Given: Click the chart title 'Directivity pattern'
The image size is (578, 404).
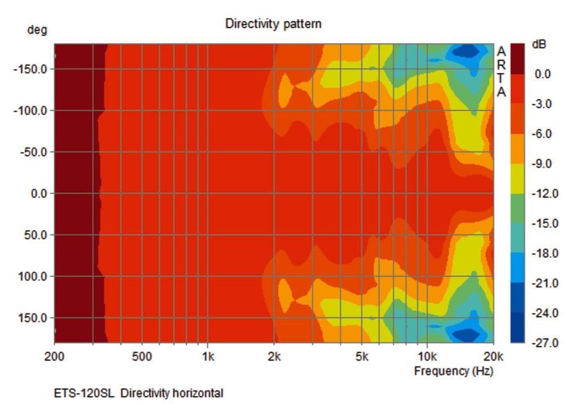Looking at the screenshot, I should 273,24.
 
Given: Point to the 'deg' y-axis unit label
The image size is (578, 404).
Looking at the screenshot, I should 37,31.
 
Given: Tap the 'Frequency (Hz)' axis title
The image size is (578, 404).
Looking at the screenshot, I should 453,371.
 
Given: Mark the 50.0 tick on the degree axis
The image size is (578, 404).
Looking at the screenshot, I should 36,235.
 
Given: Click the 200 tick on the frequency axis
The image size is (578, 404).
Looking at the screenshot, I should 54,357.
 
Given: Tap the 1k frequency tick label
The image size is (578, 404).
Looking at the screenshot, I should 208,357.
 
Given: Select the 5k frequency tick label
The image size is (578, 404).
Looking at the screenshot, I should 362,357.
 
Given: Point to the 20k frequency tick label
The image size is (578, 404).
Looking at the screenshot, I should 493,357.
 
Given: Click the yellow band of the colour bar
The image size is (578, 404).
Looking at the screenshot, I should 517,179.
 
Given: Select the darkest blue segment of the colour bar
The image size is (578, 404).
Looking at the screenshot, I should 517,328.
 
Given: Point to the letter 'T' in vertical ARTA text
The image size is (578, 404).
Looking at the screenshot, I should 501,79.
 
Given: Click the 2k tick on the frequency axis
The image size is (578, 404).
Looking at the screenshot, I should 274,357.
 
